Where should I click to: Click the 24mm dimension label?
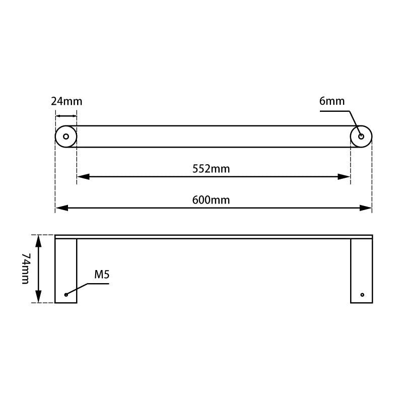[x=66, y=101]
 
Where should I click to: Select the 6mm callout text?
[x=332, y=101]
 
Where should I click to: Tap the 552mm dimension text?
[x=211, y=169]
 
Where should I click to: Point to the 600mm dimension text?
[x=211, y=200]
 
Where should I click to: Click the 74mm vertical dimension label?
[x=25, y=268]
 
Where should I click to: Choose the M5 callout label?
[x=102, y=275]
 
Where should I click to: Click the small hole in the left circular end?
[x=66, y=137]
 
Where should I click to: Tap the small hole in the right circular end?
[x=361, y=137]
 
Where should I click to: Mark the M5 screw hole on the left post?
[x=66, y=294]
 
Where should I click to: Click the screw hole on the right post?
[x=362, y=294]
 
